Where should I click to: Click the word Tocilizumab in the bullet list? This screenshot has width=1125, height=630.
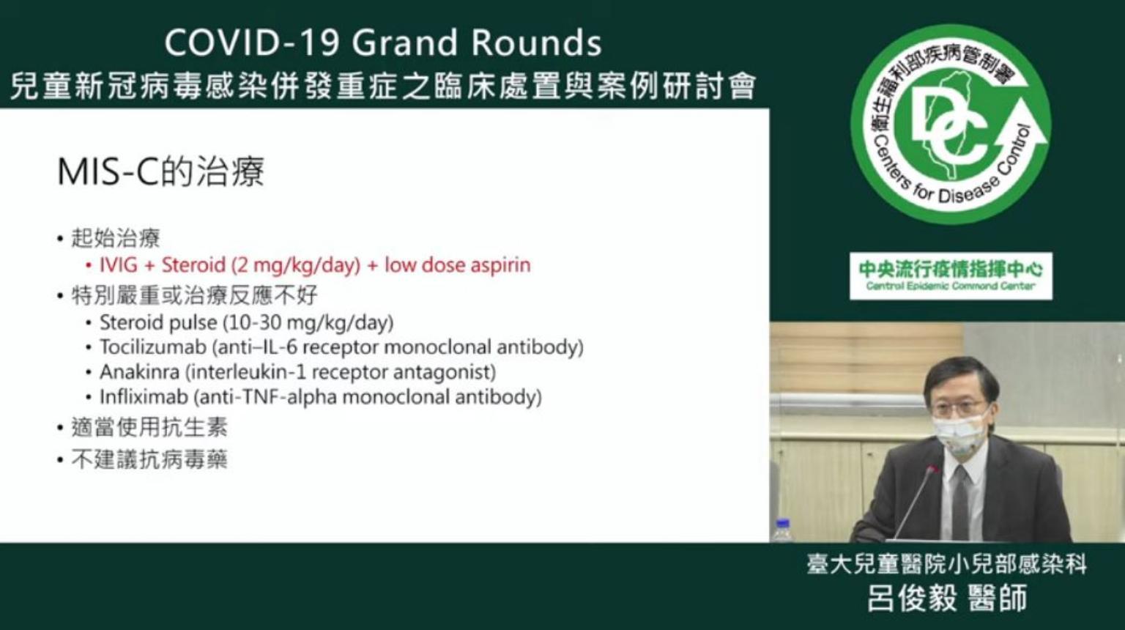coord(152,346)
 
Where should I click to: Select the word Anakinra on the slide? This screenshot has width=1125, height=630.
coord(139,371)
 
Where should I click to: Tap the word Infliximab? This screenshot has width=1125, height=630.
coord(144,397)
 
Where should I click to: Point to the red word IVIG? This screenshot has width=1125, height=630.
coord(118,264)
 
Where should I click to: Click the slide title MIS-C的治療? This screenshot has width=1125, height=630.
coord(160,172)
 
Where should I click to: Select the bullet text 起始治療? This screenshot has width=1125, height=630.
coord(116,237)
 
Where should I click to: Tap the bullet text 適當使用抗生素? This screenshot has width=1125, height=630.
coord(149,428)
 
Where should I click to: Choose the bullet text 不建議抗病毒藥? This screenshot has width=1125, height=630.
coord(149,459)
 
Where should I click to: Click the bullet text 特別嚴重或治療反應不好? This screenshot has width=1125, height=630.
coord(194,295)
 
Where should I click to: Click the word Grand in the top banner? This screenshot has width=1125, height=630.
coord(405,42)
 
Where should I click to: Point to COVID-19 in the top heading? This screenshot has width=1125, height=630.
coord(253,42)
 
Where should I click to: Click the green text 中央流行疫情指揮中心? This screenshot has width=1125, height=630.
coord(951,269)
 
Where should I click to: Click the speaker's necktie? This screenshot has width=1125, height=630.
coord(959,503)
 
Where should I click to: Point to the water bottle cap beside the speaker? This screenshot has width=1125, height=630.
coord(782,524)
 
